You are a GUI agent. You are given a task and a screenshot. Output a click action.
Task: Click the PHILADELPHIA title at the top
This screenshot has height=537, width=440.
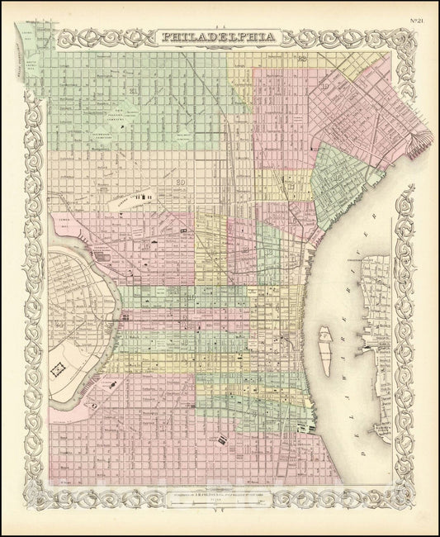219,36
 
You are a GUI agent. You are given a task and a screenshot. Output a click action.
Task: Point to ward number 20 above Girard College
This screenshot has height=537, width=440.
179,182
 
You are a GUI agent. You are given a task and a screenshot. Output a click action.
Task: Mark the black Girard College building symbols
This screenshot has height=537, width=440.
149,197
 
